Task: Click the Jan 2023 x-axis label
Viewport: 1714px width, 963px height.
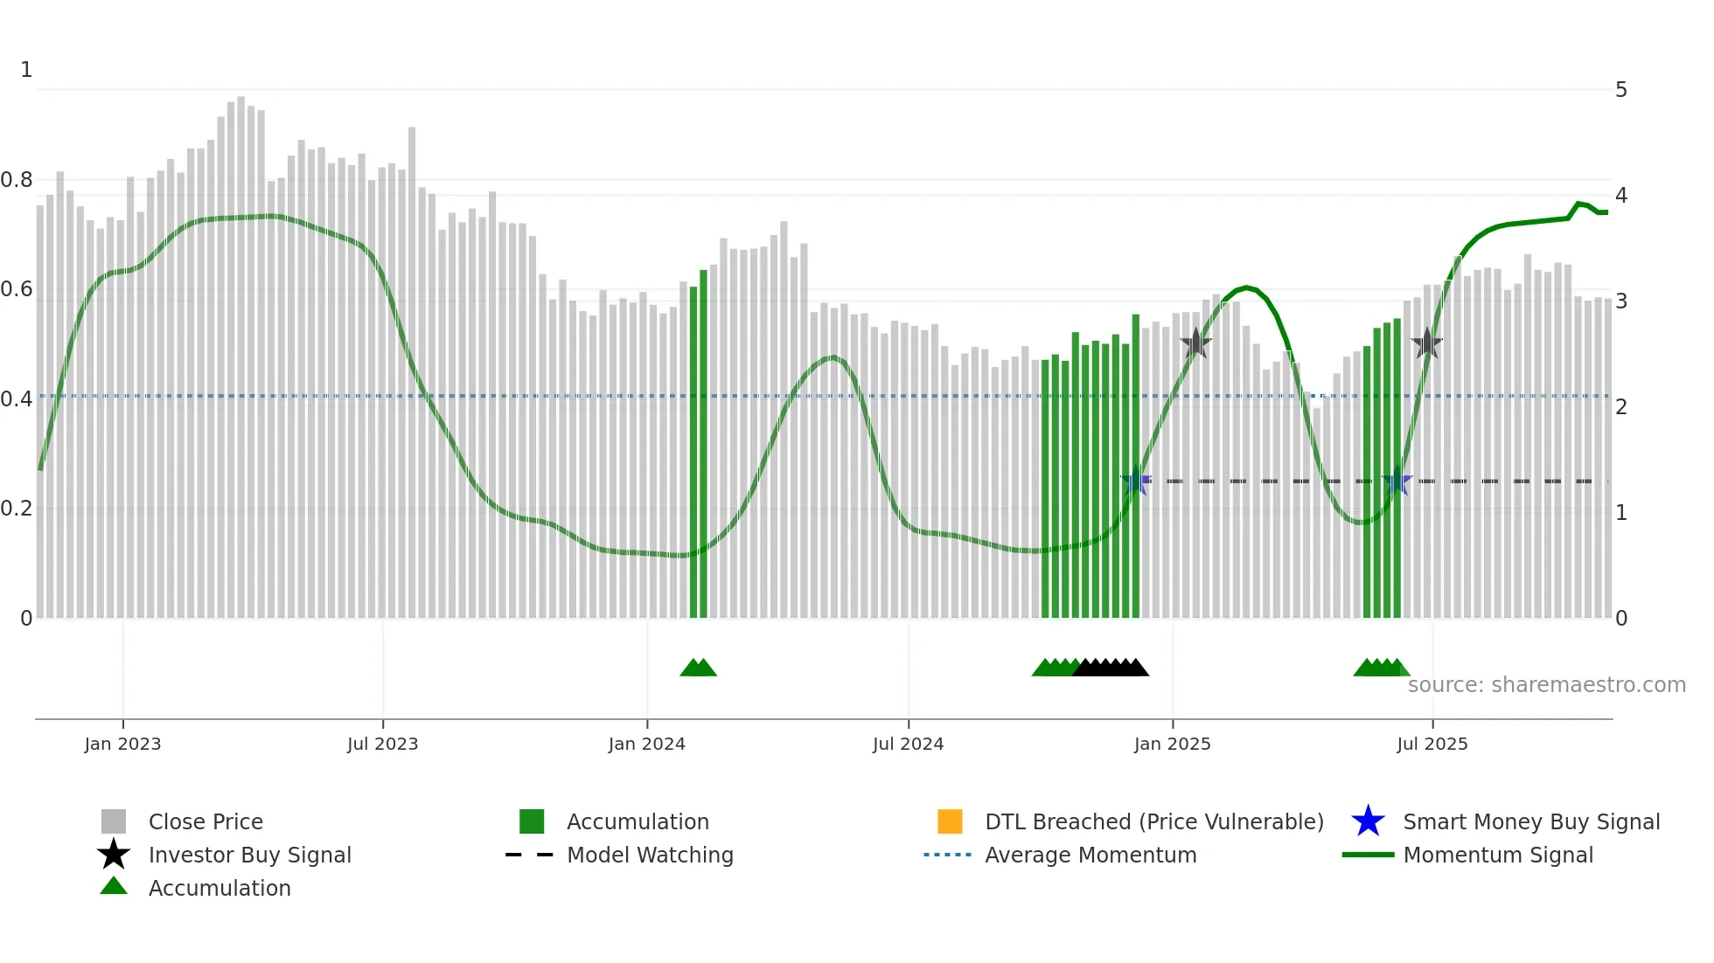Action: pos(122,744)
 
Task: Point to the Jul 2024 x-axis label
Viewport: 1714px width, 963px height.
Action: pos(908,744)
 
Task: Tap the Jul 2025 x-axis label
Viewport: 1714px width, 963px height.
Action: pos(1432,744)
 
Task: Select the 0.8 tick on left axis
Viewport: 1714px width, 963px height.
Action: pos(17,180)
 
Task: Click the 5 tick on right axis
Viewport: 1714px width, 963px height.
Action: pos(1620,90)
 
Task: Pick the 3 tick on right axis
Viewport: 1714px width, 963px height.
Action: pos(1620,301)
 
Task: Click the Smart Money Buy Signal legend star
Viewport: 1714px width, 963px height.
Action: pos(1368,821)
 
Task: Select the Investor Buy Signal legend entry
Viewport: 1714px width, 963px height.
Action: pos(249,855)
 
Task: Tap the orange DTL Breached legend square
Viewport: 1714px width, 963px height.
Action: pos(949,821)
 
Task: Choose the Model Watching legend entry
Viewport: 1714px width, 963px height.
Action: pos(649,855)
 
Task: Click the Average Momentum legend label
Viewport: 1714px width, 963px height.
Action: pos(1090,855)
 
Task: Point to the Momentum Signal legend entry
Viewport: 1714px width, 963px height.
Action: pos(1497,855)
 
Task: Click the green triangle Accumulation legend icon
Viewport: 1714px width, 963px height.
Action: pos(114,886)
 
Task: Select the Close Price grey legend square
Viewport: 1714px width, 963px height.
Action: pos(114,821)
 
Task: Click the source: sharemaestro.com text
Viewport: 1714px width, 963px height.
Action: pos(1546,685)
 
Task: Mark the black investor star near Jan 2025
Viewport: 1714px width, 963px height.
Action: pos(1195,343)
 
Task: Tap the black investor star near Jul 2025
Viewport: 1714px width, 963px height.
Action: pos(1426,343)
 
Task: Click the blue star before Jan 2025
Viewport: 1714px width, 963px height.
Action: pos(1135,481)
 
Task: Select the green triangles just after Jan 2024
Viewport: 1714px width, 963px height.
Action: pos(698,668)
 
